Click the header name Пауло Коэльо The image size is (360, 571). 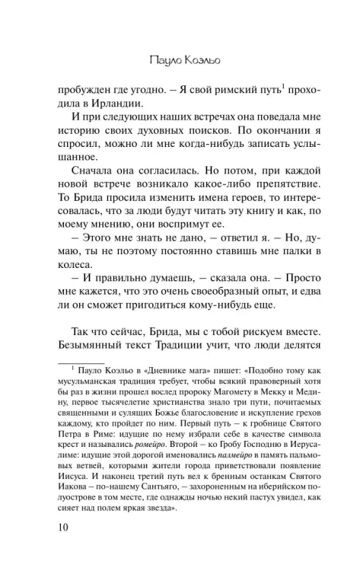(x=180, y=57)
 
